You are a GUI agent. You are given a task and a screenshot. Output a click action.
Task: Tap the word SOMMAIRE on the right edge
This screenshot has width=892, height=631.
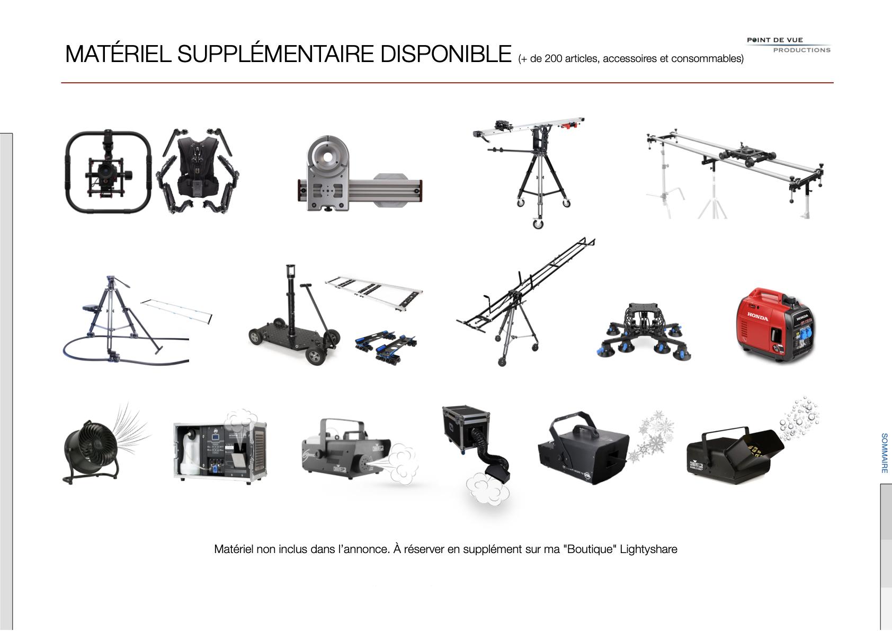click(885, 453)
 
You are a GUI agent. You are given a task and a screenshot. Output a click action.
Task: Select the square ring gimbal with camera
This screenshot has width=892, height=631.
click(108, 171)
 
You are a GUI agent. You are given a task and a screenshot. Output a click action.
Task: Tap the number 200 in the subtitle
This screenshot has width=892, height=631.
click(553, 59)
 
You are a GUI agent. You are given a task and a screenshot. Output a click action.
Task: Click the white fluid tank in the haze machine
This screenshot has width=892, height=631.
click(190, 450)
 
